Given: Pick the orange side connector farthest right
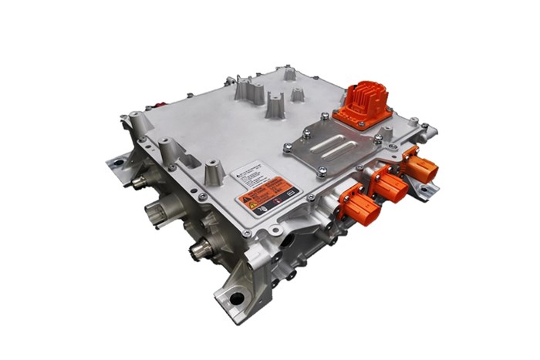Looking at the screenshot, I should [420, 167].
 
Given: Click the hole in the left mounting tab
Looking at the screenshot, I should [118, 163].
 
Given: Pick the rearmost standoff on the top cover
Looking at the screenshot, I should [289, 74].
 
